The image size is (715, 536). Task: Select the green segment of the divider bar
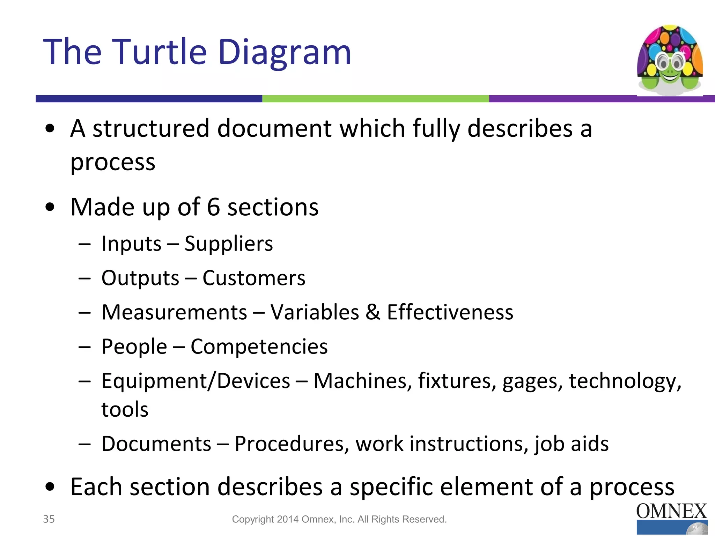click(375, 99)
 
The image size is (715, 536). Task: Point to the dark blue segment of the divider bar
click(149, 99)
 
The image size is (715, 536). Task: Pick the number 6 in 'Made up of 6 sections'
click(213, 207)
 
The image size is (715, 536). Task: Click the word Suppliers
click(228, 244)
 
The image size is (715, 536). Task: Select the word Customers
click(254, 278)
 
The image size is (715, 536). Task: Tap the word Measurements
click(174, 312)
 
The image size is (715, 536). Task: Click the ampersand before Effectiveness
click(373, 312)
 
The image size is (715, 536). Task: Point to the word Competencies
click(259, 347)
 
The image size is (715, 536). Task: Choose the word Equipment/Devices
click(196, 381)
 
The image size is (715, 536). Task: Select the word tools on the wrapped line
click(125, 409)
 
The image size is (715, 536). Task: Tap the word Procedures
click(292, 444)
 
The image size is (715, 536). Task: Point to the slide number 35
click(49, 519)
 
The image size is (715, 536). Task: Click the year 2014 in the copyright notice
click(288, 519)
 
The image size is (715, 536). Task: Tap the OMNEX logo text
click(671, 512)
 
